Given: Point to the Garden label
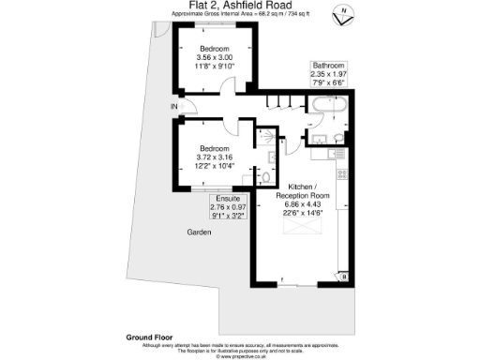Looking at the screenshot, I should pos(198,232).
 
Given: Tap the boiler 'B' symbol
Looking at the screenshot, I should pos(344,277).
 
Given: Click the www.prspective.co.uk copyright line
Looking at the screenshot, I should pos(237,356).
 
